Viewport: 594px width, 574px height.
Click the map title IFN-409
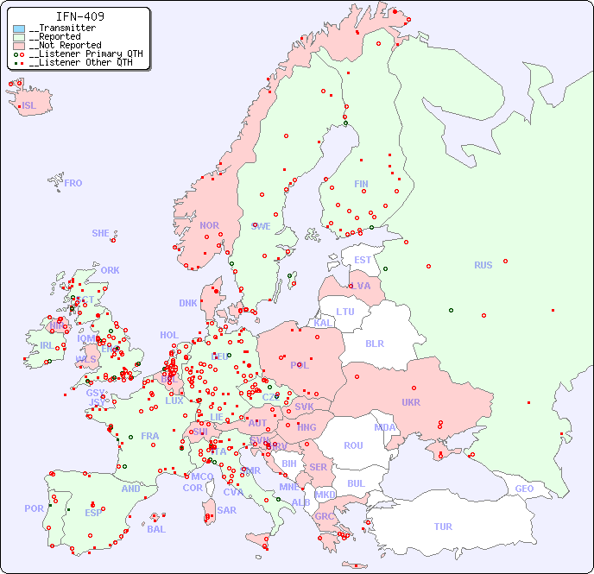tap(80, 16)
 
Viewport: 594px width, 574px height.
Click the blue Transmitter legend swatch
tap(19, 28)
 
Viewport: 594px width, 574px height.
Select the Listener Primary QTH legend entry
tap(79, 54)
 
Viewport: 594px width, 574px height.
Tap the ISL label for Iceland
tap(29, 106)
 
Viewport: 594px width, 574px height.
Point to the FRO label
tap(73, 183)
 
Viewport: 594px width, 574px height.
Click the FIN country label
tap(361, 184)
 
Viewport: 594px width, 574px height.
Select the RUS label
tap(483, 265)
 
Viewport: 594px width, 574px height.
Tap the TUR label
tap(443, 527)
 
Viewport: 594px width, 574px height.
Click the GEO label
tap(524, 489)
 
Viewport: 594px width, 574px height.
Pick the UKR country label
tap(410, 402)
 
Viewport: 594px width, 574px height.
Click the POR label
tap(34, 508)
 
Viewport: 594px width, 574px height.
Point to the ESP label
tap(93, 512)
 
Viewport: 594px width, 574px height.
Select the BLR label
tap(374, 343)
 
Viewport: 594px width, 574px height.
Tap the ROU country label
tap(353, 445)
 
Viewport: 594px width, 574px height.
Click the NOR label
tap(209, 225)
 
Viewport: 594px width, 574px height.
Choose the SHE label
tap(101, 233)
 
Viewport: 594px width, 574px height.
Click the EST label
tap(363, 260)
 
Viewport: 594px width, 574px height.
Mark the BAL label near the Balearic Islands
tap(156, 529)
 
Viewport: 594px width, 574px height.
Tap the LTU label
tap(345, 312)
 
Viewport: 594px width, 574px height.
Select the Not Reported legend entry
tap(65, 45)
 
